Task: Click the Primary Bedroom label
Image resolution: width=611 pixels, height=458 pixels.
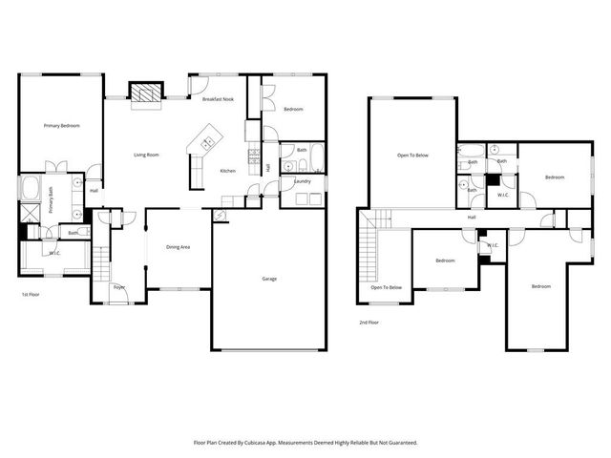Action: click(60, 126)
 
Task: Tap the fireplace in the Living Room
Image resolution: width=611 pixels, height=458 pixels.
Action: click(145, 93)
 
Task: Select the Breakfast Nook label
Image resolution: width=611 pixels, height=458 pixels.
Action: click(218, 99)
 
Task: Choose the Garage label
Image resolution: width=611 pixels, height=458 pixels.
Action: click(270, 280)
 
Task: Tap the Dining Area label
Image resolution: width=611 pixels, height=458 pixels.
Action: click(179, 247)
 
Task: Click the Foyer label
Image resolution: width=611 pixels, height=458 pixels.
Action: click(119, 287)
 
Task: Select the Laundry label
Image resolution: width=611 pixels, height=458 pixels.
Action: click(303, 180)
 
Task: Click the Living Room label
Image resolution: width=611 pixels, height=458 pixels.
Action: click(146, 155)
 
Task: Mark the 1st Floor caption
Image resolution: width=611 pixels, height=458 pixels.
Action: click(31, 295)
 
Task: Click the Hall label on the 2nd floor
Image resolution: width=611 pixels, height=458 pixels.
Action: click(472, 218)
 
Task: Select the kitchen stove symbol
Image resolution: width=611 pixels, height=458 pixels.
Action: click(254, 155)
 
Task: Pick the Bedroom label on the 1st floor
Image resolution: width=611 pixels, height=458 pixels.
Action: click(293, 110)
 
